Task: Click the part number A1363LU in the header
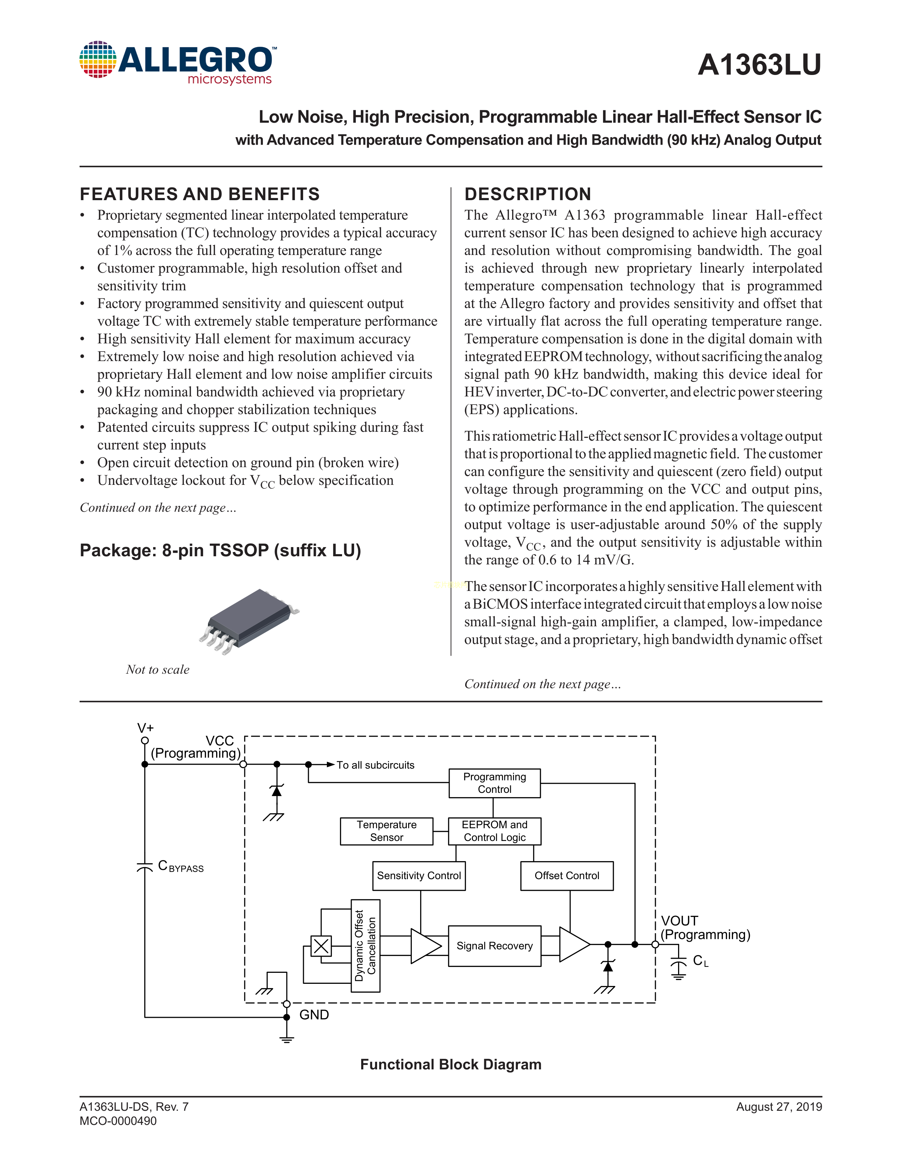759,65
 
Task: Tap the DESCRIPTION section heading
527,194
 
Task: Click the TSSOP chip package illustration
249,621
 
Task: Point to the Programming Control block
494,783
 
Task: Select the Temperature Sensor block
386,831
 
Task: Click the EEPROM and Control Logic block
494,831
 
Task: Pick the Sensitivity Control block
418,875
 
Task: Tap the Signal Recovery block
494,946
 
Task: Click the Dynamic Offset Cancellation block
365,946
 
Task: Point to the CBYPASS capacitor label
181,866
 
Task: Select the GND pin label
314,1015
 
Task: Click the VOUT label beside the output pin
679,921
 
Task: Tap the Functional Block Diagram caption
450,1064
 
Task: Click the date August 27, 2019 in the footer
779,1107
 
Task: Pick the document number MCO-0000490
118,1121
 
